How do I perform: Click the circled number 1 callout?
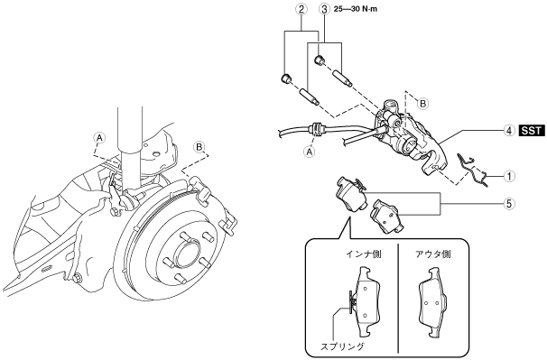[x=509, y=177]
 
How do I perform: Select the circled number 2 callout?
[x=301, y=9]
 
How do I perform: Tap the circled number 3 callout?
[x=324, y=9]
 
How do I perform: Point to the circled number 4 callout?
[x=509, y=131]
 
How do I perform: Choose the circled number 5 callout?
[x=509, y=203]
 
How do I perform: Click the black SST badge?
[x=532, y=131]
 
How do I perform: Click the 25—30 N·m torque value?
[x=356, y=9]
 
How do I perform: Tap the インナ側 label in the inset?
[x=364, y=254]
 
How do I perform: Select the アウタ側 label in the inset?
[x=432, y=254]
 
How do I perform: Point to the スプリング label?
[x=342, y=346]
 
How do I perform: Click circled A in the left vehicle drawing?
[x=100, y=138]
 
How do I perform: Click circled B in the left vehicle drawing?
[x=199, y=147]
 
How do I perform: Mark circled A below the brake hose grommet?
[x=310, y=152]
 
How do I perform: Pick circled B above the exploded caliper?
[x=422, y=104]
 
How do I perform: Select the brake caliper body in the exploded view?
[x=408, y=138]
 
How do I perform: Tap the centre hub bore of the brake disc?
[x=186, y=255]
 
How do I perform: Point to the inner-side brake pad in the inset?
[x=366, y=301]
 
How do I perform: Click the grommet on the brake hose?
[x=315, y=128]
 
